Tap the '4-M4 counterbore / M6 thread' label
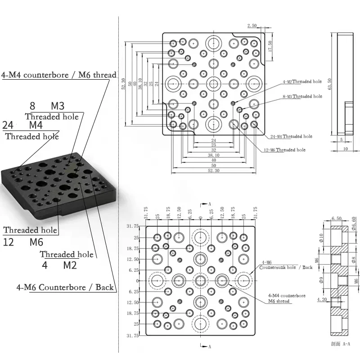pyautogui.click(x=58, y=75)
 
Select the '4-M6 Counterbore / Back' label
pyautogui.click(x=65, y=287)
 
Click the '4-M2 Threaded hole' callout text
pyautogui.click(x=302, y=81)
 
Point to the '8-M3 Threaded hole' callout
pyautogui.click(x=302, y=96)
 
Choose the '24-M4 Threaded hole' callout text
pyautogui.click(x=292, y=136)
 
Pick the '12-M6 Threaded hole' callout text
pyautogui.click(x=284, y=150)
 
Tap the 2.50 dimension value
pyautogui.click(x=252, y=25)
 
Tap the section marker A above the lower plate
pyautogui.click(x=209, y=203)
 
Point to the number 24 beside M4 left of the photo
pyautogui.click(x=8, y=125)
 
